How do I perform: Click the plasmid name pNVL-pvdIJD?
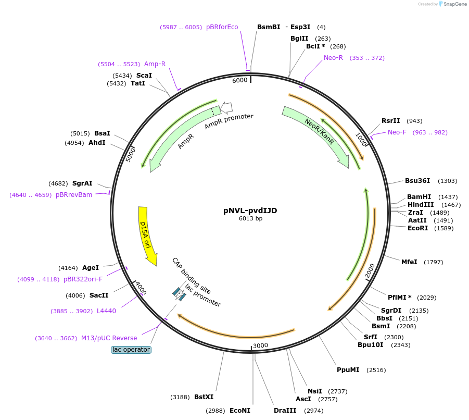250,211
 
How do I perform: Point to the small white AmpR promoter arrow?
226,107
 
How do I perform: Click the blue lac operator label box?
131,350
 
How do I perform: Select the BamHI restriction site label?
419,197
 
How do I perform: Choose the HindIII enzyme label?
421,205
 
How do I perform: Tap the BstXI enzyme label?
204,397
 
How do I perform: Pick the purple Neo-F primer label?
397,132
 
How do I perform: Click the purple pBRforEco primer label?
222,27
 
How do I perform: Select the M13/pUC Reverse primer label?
109,338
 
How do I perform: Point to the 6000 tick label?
240,80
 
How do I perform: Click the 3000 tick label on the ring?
260,345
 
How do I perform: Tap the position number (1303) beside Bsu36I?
447,181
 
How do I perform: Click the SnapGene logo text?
453,4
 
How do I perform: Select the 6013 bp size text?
250,219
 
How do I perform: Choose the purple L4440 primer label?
106,311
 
